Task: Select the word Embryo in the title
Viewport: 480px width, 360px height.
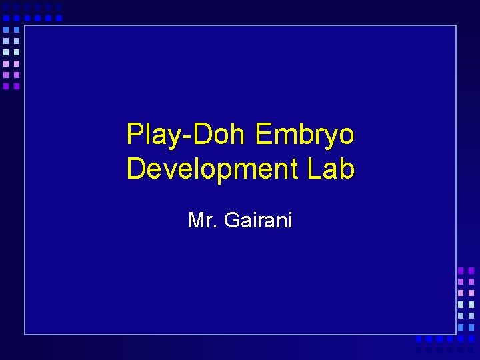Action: coord(305,135)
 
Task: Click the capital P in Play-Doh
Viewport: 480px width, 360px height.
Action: coord(134,135)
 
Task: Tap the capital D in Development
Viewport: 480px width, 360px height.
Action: coord(135,169)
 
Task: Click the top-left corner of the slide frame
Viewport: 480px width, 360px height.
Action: coord(25,26)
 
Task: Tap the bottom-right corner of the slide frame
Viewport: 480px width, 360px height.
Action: coord(456,333)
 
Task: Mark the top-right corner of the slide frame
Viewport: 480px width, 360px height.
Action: coord(456,26)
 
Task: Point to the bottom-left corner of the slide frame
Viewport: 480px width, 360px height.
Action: coord(25,333)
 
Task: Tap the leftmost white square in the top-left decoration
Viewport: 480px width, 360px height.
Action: coord(5,52)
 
